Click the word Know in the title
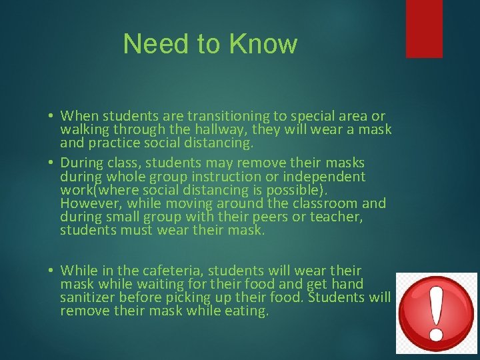tap(263, 44)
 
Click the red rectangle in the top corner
tap(424, 28)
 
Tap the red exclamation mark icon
tap(437, 313)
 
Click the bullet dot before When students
tap(51, 117)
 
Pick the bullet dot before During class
tap(51, 163)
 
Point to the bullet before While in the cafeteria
tap(51, 271)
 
